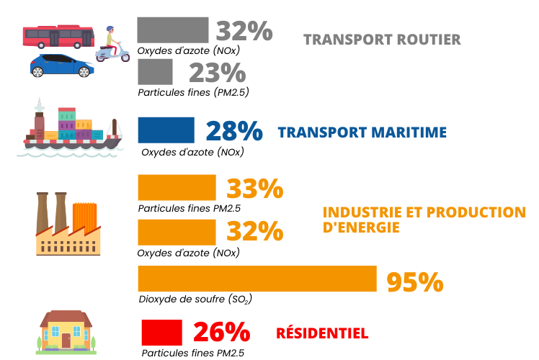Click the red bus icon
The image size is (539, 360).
click(x=58, y=36)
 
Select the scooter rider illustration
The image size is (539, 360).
click(x=112, y=45)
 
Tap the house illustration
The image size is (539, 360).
click(x=66, y=332)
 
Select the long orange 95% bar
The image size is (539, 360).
click(x=257, y=279)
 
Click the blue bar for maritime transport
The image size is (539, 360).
click(x=166, y=130)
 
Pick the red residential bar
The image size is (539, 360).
click(x=161, y=333)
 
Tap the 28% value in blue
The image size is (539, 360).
click(x=233, y=132)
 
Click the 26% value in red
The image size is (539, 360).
click(x=221, y=333)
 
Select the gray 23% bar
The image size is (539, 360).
click(x=155, y=72)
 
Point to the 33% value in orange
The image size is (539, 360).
click(x=255, y=188)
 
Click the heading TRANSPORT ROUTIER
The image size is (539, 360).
click(x=382, y=40)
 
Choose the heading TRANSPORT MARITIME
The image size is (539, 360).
click(x=362, y=132)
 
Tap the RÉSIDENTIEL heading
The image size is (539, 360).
click(x=322, y=333)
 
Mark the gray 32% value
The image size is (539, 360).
click(x=244, y=31)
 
